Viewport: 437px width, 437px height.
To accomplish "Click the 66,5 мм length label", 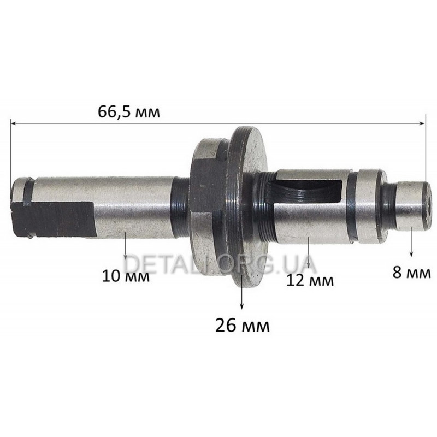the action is point(129,113).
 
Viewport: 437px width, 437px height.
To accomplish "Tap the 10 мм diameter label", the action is point(126,276).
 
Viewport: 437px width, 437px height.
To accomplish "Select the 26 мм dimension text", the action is point(243,325).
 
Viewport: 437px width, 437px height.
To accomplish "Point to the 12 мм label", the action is point(310,281).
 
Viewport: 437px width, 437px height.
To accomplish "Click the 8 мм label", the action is point(412,273).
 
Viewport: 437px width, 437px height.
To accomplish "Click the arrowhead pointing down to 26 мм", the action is point(242,306).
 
